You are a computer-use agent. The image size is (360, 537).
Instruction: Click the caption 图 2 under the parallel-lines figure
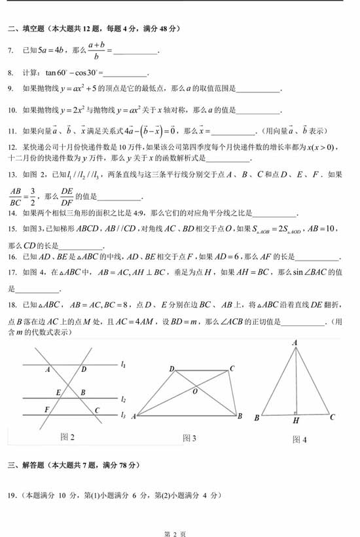point(67,436)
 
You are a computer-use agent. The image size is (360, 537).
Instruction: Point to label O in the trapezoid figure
point(194,392)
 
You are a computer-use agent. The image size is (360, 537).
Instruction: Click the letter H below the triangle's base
point(297,421)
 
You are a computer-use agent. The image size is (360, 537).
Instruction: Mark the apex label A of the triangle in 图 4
point(295,343)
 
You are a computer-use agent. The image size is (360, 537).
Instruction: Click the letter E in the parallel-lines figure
point(58,393)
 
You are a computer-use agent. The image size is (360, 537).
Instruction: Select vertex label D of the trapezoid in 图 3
point(171,369)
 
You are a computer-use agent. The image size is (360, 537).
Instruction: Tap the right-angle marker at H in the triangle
point(297,413)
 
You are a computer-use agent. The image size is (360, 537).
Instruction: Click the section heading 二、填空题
point(25,29)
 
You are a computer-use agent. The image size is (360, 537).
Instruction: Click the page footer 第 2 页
point(179,528)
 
